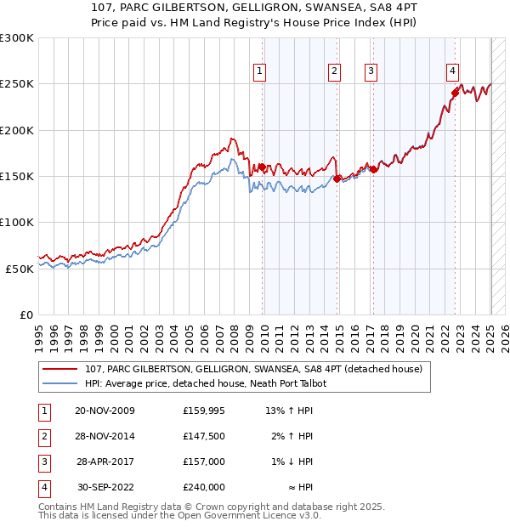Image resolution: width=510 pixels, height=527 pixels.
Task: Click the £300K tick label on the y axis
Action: coord(17,38)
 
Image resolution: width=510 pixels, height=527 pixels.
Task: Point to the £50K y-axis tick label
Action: coord(20,268)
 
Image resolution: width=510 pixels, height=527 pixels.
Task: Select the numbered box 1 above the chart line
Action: coord(259,71)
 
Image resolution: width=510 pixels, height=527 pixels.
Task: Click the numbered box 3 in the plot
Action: coord(371,71)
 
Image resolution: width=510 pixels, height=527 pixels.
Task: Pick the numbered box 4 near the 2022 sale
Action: coord(453,71)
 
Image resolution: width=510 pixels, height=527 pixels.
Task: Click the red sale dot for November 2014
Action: coord(337,178)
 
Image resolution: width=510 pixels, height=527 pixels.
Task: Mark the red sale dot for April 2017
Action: coord(374,170)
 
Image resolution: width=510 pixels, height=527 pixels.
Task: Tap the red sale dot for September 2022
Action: coord(456,93)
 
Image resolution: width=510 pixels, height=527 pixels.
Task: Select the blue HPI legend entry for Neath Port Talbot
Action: coord(206,383)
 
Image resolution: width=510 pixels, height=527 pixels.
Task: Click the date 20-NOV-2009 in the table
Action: coord(105,411)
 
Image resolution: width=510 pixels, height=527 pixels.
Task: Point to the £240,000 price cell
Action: coord(204,488)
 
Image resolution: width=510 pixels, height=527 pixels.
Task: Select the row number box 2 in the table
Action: coord(42,437)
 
